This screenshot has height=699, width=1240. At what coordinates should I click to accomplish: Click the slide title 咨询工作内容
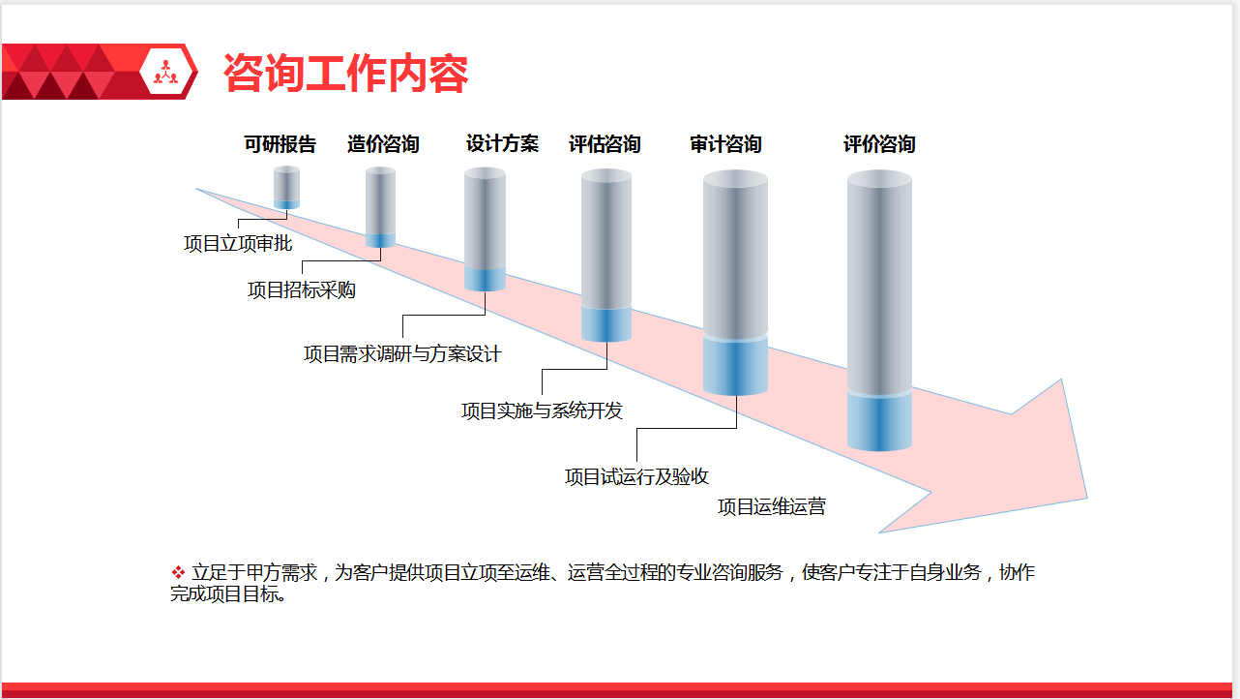point(346,73)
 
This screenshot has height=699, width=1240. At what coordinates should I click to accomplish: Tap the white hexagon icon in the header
point(166,72)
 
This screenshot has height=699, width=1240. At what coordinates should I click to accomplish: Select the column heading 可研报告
point(280,144)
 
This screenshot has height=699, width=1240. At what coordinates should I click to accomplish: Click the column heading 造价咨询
point(383,144)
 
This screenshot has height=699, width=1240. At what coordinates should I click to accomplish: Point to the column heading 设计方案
point(502,143)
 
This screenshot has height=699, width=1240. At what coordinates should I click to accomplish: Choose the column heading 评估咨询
point(605,144)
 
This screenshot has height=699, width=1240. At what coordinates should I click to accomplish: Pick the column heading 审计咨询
point(725,144)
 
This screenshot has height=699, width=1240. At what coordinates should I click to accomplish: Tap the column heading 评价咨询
point(879,144)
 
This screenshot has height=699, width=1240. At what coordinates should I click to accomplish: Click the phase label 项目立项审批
point(238,243)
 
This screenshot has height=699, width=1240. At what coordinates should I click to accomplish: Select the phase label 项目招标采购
point(302,289)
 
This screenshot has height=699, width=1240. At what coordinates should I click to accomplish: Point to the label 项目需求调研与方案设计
point(402,354)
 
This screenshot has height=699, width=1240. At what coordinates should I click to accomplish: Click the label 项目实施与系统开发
point(542,410)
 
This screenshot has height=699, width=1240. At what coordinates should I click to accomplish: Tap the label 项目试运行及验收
point(636,476)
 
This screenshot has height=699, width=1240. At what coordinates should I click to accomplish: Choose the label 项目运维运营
point(772,506)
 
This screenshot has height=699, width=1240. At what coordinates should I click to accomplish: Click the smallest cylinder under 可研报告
point(286,187)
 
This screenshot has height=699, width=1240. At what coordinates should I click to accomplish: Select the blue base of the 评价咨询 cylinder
point(879,421)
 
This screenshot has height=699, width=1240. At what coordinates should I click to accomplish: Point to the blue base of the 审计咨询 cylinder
point(735,366)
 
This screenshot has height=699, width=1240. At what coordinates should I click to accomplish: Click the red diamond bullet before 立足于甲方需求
point(178,572)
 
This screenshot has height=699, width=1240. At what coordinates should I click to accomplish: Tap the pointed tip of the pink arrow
point(1086,498)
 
